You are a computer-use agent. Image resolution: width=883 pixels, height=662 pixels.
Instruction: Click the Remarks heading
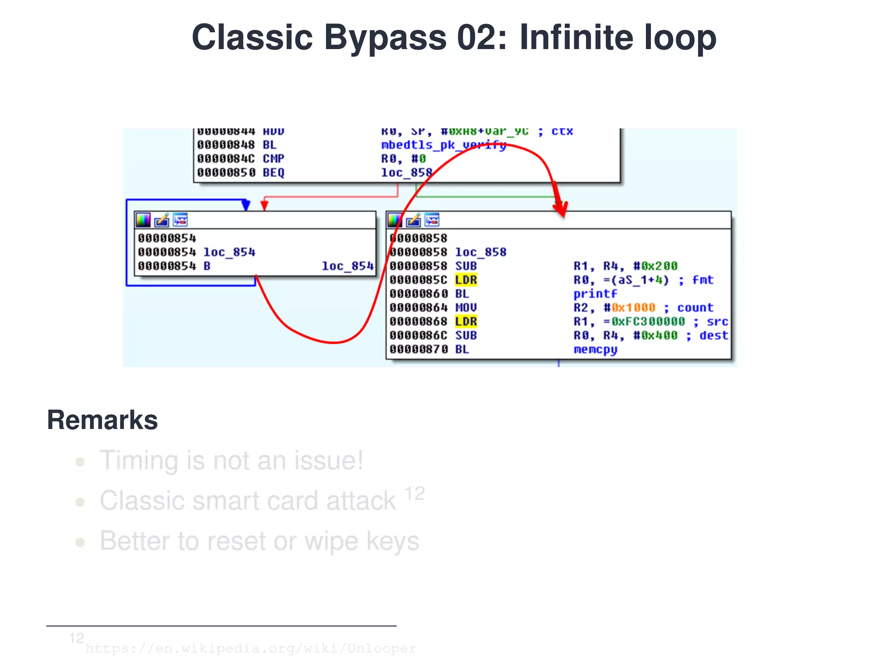[102, 420]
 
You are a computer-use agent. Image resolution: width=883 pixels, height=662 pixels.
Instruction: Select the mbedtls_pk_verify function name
[443, 145]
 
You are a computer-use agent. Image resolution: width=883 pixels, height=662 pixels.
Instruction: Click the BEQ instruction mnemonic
[273, 173]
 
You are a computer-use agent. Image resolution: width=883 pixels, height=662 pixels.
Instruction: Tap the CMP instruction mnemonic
[273, 159]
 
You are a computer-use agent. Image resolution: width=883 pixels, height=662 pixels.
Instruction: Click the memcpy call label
[595, 349]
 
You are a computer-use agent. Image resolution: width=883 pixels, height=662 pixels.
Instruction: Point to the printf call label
[595, 294]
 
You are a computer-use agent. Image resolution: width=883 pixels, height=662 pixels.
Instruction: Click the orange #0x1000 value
[633, 308]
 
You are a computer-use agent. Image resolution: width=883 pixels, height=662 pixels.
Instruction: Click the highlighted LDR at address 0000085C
[466, 280]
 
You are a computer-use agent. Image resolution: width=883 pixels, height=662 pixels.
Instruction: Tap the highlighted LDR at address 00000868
[466, 322]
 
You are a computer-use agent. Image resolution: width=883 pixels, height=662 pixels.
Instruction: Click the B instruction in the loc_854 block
[207, 266]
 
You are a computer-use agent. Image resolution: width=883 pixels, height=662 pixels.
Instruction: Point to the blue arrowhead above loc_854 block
[246, 205]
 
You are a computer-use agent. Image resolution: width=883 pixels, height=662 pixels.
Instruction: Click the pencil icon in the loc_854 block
[162, 220]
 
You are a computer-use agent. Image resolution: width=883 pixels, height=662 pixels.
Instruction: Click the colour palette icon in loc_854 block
[143, 220]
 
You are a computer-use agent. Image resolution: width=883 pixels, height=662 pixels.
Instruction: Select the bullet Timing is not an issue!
[231, 461]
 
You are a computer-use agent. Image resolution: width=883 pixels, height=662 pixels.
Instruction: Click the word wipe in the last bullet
[331, 541]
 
